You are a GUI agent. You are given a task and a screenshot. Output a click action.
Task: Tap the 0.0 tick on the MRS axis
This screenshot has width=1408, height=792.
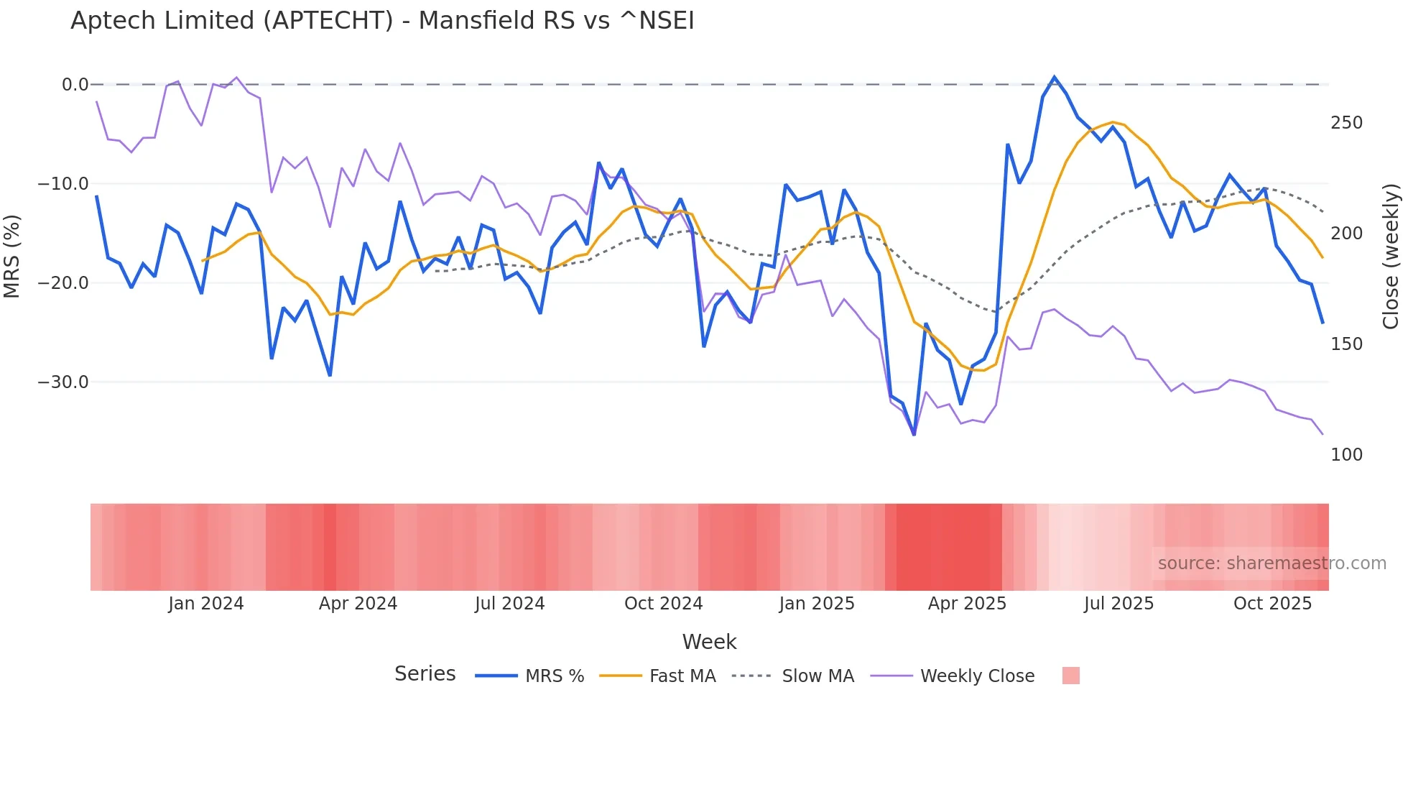[x=75, y=85]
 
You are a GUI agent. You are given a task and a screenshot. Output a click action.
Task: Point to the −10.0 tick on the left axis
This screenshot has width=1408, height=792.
[x=63, y=184]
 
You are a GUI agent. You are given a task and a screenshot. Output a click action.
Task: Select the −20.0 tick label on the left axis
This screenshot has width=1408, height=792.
[x=63, y=283]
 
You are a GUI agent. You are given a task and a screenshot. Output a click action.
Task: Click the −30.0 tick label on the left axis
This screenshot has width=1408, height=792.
[x=63, y=382]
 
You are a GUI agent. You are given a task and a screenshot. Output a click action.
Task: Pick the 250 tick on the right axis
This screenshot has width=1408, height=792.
[x=1346, y=123]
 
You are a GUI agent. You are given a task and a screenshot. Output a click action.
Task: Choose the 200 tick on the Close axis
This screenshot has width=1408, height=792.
[x=1346, y=234]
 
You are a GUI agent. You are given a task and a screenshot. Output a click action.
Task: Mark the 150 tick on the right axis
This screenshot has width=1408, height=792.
[x=1346, y=344]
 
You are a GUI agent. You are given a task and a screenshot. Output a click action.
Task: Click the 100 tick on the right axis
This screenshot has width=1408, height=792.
[x=1346, y=455]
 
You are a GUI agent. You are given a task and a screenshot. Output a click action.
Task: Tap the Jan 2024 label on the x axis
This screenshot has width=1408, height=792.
[x=206, y=604]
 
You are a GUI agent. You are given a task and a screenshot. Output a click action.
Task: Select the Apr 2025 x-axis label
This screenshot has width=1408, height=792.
[x=967, y=604]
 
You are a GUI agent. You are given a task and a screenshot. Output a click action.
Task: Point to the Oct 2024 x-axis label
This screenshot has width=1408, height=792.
[x=663, y=604]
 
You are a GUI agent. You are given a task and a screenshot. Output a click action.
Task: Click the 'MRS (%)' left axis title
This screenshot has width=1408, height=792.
[x=12, y=256]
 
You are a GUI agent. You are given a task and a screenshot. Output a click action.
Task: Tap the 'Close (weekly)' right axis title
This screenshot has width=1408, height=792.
[x=1391, y=256]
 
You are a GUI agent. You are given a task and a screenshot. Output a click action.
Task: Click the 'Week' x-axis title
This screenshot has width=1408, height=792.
[x=709, y=642]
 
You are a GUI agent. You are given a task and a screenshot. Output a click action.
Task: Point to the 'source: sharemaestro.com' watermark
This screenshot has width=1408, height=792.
[x=1272, y=563]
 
